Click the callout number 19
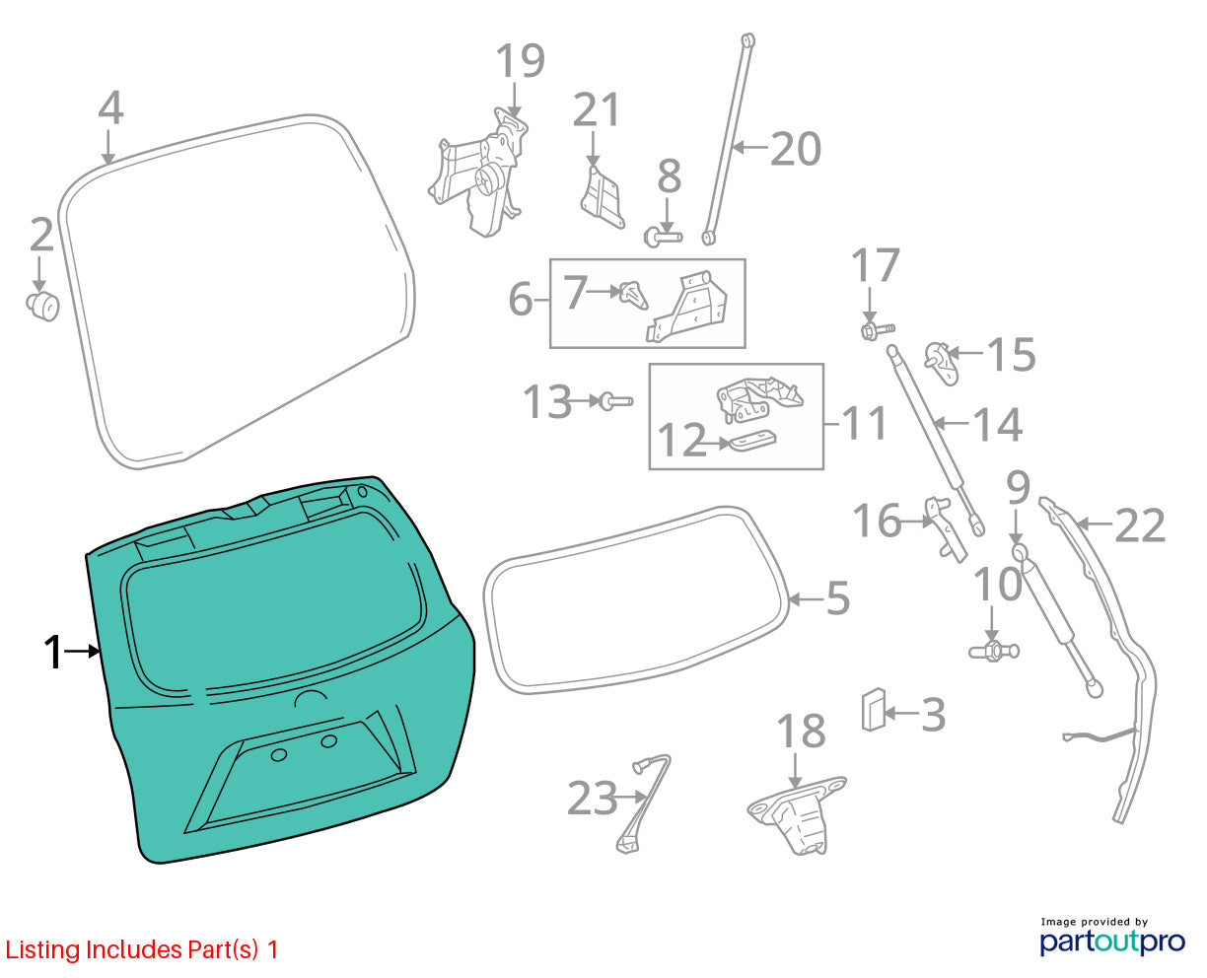[521, 60]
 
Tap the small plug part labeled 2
[42, 306]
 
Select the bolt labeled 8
[663, 237]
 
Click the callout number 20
[796, 149]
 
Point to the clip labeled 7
[634, 296]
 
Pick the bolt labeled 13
[615, 401]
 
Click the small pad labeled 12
[752, 441]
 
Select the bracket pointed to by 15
[941, 363]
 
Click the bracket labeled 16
[946, 528]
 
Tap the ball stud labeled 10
[994, 651]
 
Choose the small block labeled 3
[874, 710]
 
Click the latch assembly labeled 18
[796, 814]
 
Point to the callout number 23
[593, 799]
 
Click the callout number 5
[838, 597]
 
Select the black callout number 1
[53, 653]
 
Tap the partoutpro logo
[1112, 943]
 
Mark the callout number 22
[1140, 525]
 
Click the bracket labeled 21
[603, 198]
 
